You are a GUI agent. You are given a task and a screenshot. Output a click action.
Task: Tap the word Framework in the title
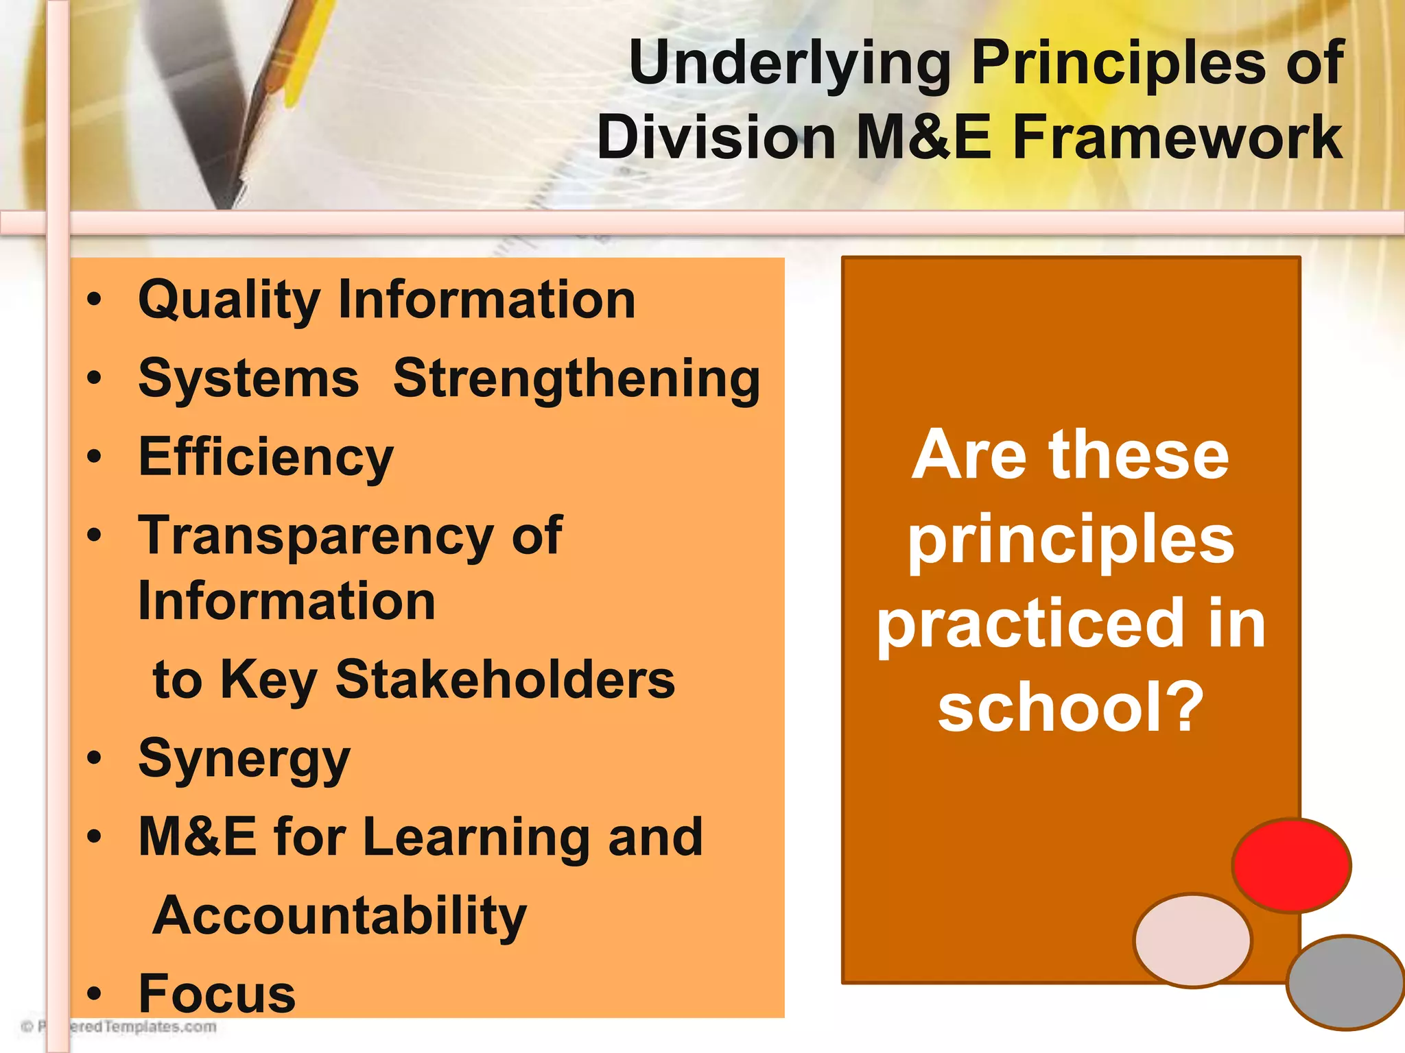coord(1177,137)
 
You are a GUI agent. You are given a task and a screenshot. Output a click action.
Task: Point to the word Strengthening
coord(576,380)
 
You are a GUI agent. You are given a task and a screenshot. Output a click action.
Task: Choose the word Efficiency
coord(266,458)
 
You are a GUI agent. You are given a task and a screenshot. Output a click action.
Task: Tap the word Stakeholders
coord(505,680)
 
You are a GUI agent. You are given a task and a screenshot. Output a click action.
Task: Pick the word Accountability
coord(340,916)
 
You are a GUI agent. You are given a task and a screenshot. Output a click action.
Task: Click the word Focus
coord(217,994)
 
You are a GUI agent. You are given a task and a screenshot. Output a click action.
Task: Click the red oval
coord(1291,865)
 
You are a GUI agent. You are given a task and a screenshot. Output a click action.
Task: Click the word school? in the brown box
coord(1070,707)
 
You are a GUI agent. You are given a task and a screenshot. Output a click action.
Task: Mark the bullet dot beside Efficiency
coord(95,457)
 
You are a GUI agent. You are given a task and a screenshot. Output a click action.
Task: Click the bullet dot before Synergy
coord(95,758)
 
